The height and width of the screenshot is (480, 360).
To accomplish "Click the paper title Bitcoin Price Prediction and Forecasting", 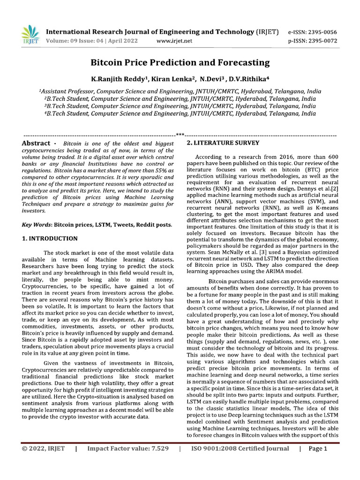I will (x=180, y=62).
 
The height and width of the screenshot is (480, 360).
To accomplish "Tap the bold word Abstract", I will (x=37, y=143).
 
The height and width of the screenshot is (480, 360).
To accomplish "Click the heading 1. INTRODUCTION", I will (x=50, y=239).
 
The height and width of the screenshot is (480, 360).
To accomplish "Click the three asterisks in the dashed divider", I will (x=180, y=135).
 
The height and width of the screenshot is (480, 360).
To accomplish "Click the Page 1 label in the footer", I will (x=318, y=449).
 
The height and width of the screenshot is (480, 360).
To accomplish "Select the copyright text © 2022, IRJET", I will (x=43, y=449).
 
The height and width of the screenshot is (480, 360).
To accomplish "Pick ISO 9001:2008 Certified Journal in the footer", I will (x=240, y=449).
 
